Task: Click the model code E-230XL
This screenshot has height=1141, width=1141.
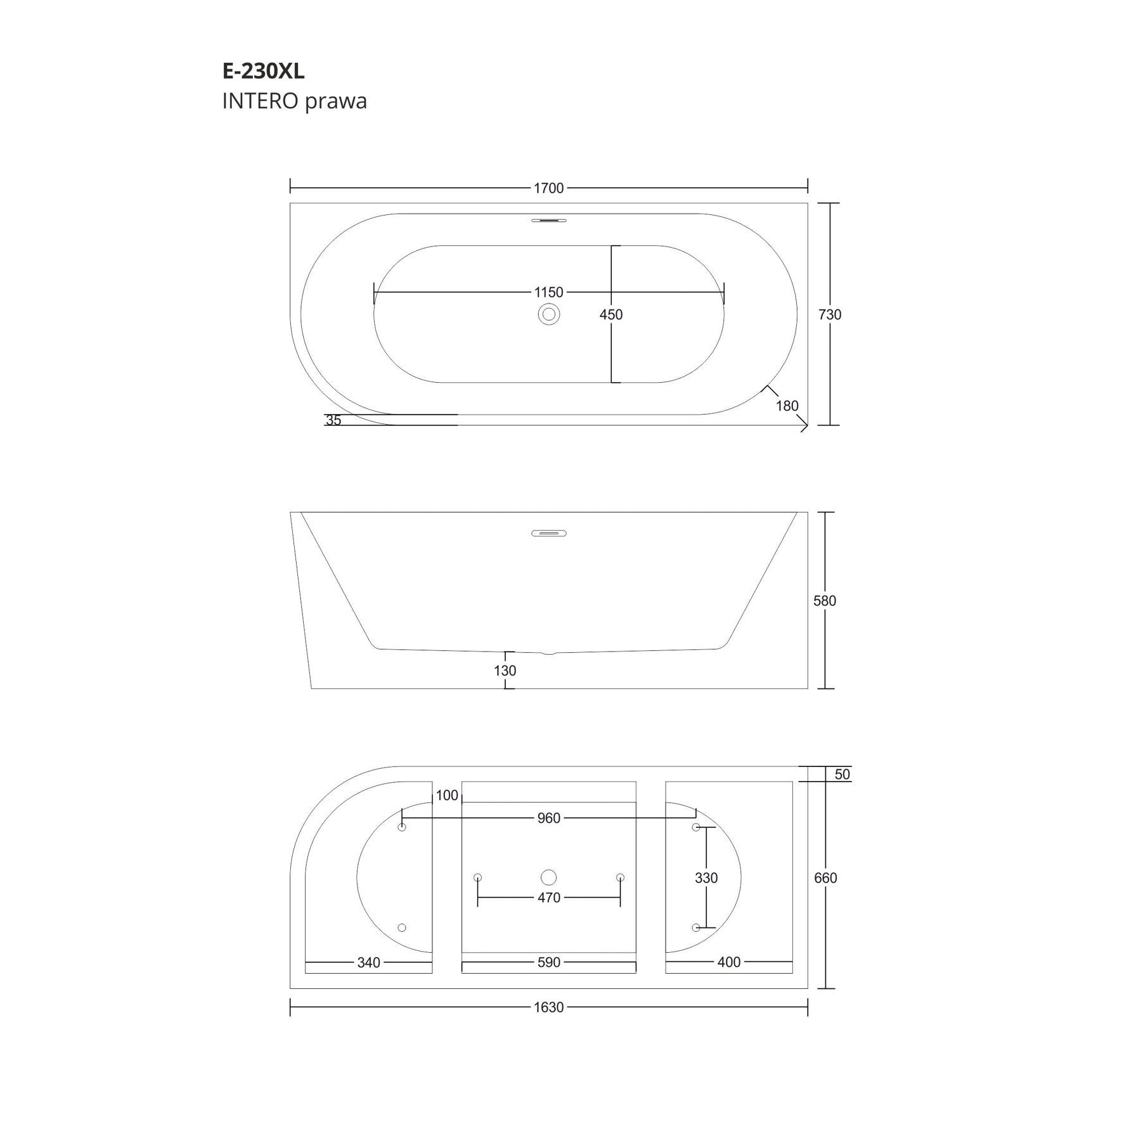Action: click(x=263, y=72)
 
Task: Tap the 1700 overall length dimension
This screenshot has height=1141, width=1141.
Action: click(x=549, y=188)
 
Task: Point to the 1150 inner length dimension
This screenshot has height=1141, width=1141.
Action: click(x=549, y=292)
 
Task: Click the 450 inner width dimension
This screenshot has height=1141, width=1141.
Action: click(x=611, y=314)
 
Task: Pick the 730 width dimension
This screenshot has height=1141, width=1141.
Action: click(x=830, y=314)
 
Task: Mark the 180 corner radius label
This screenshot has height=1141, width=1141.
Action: click(x=787, y=406)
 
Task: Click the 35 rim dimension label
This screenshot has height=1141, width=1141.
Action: click(x=333, y=420)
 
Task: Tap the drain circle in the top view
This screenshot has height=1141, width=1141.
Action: click(x=549, y=314)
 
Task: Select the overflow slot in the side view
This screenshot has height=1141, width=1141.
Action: click(x=549, y=533)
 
